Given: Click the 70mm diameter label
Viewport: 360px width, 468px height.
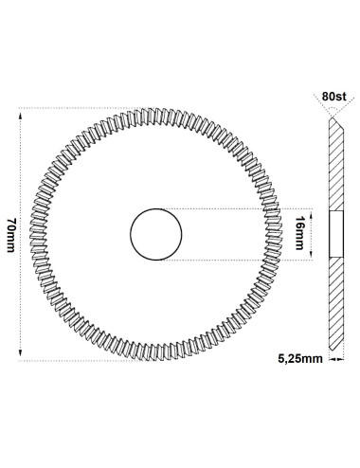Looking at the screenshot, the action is click(11, 235).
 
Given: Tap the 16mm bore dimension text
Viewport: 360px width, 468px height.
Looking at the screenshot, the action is click(299, 233).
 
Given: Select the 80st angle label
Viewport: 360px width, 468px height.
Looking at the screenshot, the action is click(334, 97).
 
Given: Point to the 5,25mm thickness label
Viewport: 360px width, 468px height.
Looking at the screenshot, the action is click(300, 359).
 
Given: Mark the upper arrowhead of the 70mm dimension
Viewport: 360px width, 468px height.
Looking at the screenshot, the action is click(21, 117).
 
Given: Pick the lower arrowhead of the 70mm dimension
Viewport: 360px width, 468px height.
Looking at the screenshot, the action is click(21, 352).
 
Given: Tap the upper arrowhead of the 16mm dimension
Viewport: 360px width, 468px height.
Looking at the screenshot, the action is click(312, 216).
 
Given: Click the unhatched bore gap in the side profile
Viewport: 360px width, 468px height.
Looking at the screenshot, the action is click(336, 234).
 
